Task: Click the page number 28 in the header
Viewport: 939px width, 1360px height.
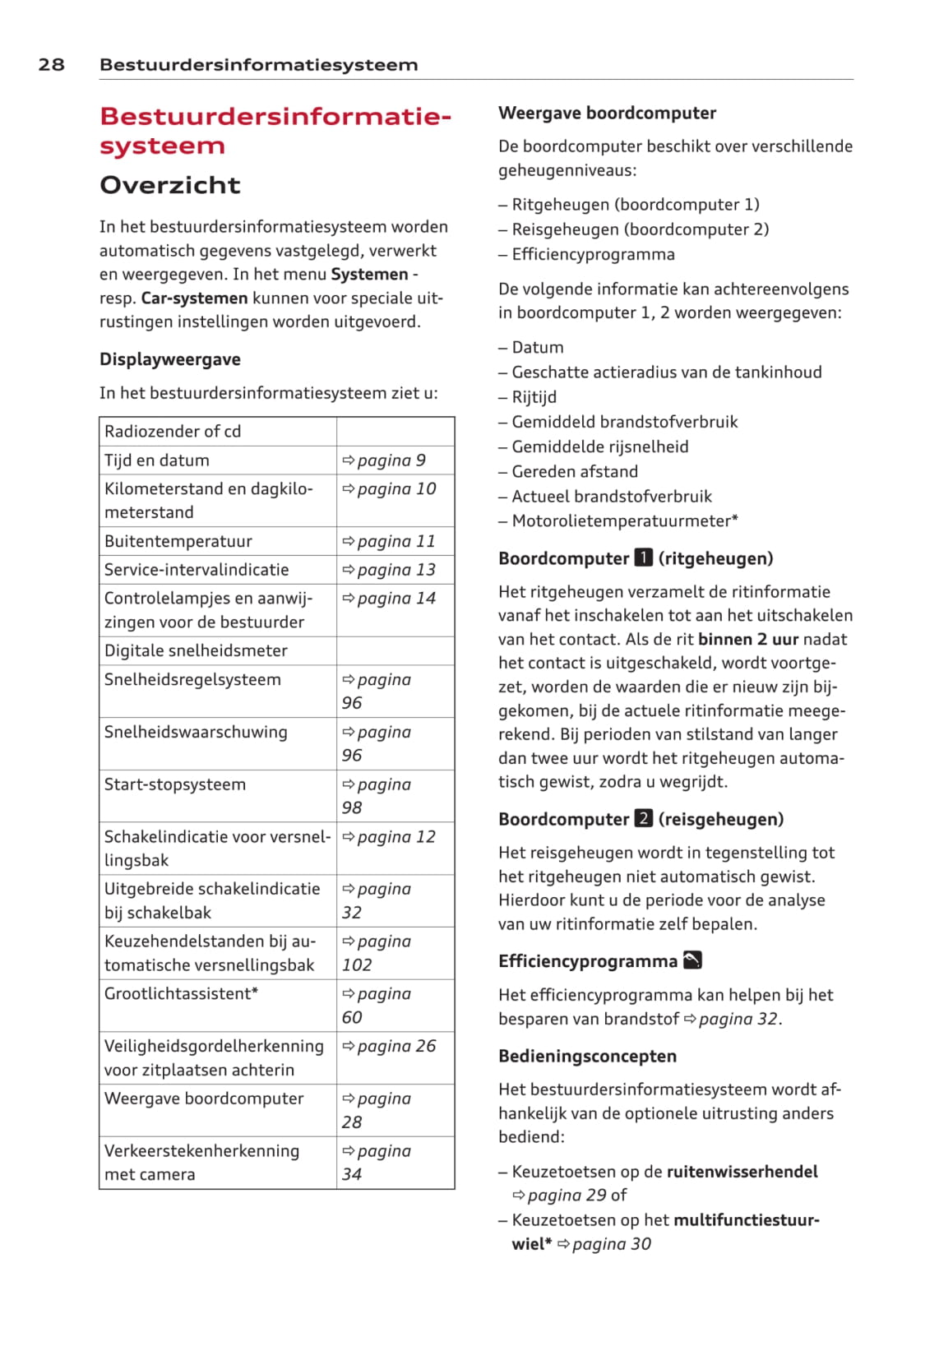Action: (51, 65)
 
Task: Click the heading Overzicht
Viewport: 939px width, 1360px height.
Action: (169, 185)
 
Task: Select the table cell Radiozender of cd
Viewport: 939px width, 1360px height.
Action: (173, 431)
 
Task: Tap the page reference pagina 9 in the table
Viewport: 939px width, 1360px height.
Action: (384, 460)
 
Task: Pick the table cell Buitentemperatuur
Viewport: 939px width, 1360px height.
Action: (178, 541)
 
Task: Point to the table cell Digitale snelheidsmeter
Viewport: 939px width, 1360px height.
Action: (196, 650)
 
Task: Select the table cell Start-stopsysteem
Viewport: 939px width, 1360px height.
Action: (175, 784)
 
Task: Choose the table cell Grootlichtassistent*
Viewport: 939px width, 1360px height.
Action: (181, 993)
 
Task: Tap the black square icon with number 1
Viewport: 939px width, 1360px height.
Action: (644, 558)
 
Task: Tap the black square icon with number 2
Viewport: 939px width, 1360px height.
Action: (644, 819)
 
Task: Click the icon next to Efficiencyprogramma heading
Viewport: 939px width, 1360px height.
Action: (692, 960)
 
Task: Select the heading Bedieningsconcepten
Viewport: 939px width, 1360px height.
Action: (587, 1056)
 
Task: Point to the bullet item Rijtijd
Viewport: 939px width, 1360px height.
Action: (534, 397)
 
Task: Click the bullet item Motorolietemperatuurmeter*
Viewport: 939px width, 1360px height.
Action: (625, 520)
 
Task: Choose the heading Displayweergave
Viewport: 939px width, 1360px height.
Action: (170, 359)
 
